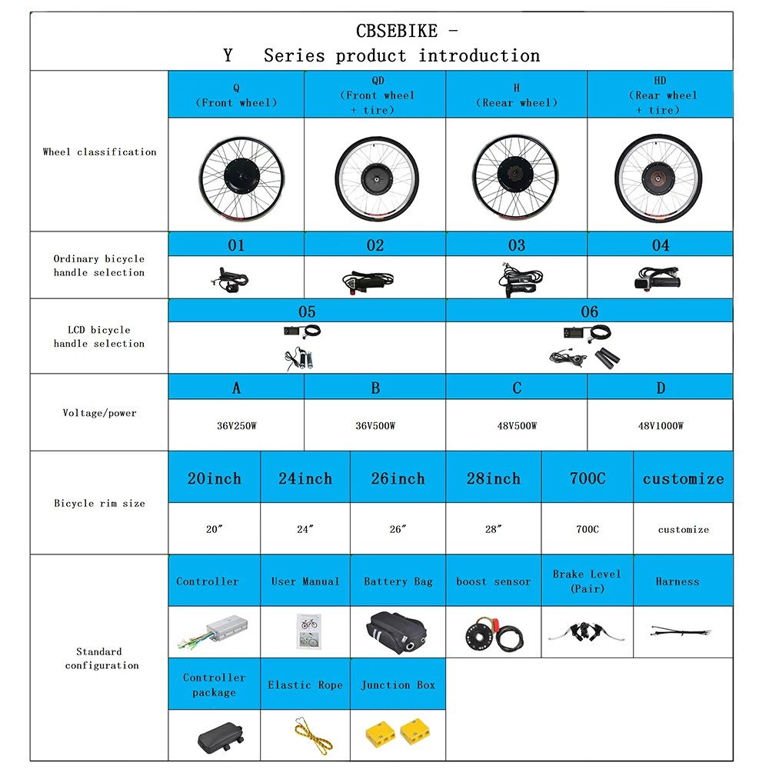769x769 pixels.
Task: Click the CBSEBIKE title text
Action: click(x=397, y=32)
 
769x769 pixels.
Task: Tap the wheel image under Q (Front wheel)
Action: click(x=235, y=175)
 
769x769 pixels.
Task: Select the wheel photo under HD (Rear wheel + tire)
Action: click(x=660, y=175)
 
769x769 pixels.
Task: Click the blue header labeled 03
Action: click(x=516, y=245)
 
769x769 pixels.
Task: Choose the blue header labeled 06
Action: click(x=589, y=311)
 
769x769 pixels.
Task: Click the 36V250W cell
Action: click(x=236, y=426)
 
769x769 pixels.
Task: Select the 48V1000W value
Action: click(x=660, y=426)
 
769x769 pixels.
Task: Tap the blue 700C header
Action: click(x=587, y=478)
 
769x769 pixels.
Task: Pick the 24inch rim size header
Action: click(x=305, y=478)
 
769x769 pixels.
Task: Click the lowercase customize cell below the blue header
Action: click(x=683, y=530)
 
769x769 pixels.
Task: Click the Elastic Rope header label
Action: click(x=305, y=684)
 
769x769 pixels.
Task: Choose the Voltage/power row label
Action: click(x=99, y=413)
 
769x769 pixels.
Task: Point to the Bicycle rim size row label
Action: click(x=99, y=504)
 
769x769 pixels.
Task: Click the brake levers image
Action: click(x=587, y=632)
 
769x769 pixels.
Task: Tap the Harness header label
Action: click(x=677, y=581)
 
